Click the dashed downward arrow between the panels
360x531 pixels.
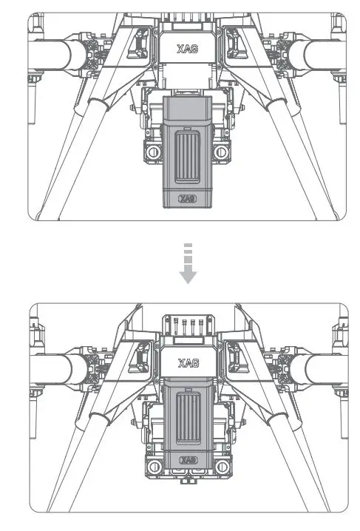pyautogui.click(x=189, y=264)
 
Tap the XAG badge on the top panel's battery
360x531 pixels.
pyautogui.click(x=189, y=198)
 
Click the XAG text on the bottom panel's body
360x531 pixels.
pyautogui.click(x=188, y=363)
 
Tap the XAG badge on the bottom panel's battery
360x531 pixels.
pyautogui.click(x=189, y=460)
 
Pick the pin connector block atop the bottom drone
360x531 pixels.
pyautogui.click(x=188, y=325)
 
